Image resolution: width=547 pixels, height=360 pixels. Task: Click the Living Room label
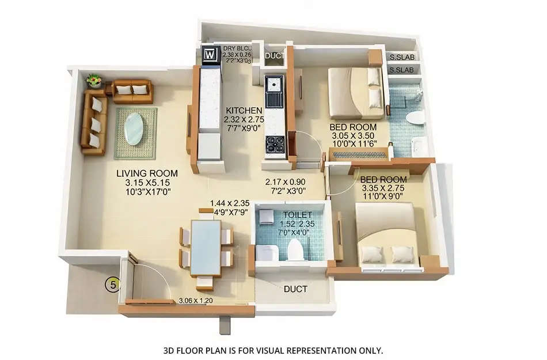tap(147, 173)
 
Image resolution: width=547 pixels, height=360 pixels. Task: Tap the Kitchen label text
tap(244, 111)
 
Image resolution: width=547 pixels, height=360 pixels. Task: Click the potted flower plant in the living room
tap(93, 80)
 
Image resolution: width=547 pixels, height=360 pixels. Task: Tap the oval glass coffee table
tap(135, 128)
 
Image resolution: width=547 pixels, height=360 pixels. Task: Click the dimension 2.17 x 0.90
tap(285, 182)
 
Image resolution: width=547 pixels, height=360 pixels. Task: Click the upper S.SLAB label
tap(401, 58)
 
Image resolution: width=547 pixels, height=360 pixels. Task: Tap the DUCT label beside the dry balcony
tap(273, 56)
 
